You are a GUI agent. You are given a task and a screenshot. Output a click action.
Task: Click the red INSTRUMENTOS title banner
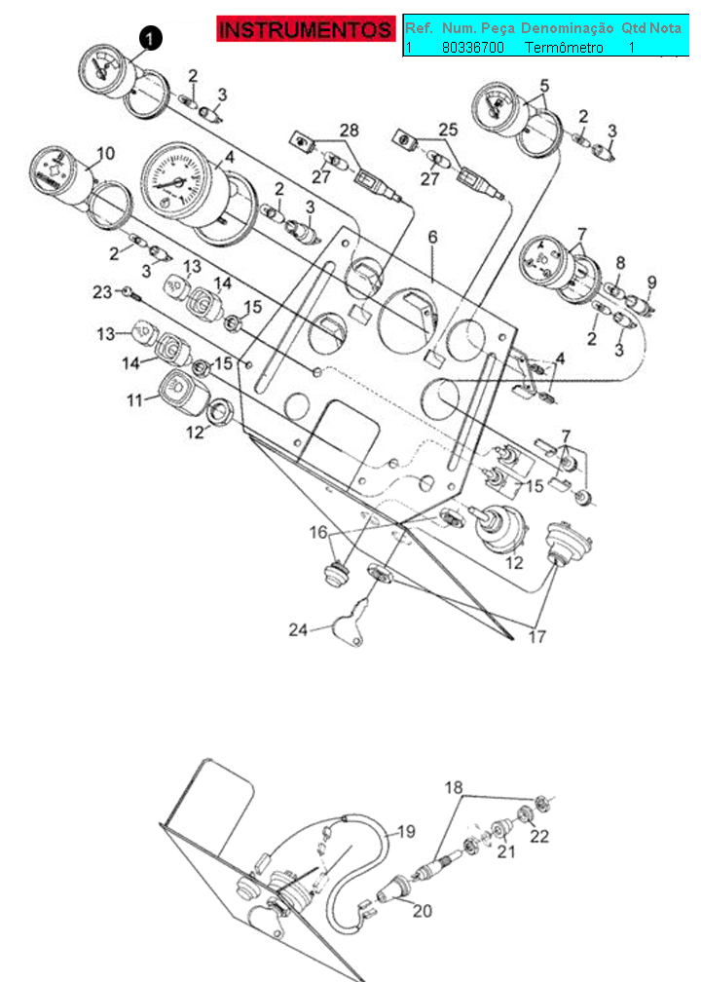[306, 29]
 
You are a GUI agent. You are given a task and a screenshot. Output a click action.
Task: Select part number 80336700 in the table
[472, 48]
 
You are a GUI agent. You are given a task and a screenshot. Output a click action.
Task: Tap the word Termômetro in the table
[564, 48]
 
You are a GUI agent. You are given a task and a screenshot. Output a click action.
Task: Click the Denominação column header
[567, 28]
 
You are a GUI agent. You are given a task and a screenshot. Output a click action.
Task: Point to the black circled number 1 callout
[150, 38]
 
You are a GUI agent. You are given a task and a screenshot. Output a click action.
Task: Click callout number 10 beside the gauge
[106, 153]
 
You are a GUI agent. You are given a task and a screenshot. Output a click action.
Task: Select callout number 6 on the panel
[432, 238]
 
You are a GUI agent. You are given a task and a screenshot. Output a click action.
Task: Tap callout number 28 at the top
[350, 131]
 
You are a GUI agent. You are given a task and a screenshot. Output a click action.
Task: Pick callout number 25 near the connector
[448, 130]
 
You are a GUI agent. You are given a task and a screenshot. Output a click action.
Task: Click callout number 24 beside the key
[298, 628]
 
